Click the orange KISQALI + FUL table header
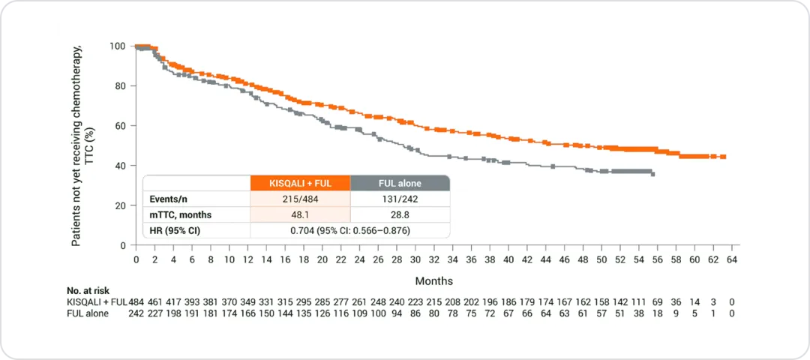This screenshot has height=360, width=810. coord(300,183)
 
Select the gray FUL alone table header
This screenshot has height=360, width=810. coord(400,183)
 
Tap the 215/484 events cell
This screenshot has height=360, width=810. coord(300,199)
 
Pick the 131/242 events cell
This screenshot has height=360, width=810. coord(400,199)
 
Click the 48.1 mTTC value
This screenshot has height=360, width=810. coord(300,215)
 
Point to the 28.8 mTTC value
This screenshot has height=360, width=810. coord(400,215)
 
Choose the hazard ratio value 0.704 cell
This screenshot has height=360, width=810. coord(350,231)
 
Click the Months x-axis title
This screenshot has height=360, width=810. coord(434,281)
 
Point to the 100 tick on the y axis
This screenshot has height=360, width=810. coord(118,46)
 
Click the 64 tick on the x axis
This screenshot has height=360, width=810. coord(732,259)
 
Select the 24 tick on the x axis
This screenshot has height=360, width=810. coord(359,259)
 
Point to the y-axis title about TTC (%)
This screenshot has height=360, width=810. coord(82,145)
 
